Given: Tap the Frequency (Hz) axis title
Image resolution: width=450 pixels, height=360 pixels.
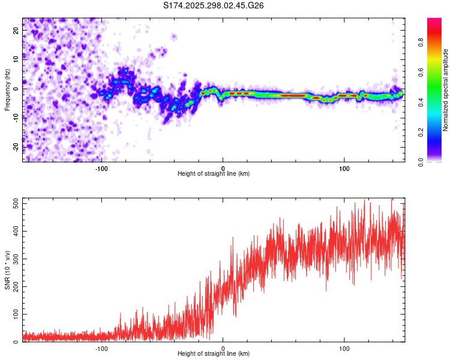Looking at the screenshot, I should point(7,90).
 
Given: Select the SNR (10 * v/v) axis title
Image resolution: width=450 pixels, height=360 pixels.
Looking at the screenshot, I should point(7,270).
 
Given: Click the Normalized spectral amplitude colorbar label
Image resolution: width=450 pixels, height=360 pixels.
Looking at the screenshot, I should point(446,90).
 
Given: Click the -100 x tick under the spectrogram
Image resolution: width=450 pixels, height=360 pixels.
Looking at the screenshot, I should point(101,168).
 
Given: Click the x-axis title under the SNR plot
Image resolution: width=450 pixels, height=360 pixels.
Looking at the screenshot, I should point(214,354).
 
